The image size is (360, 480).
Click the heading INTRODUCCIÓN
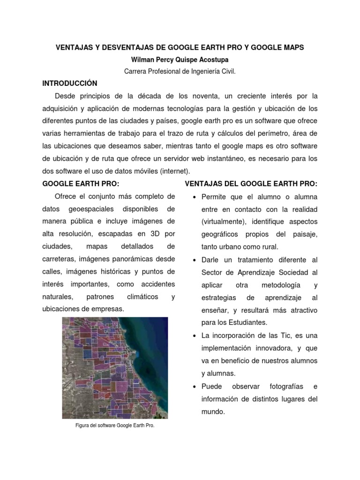[x=70, y=83]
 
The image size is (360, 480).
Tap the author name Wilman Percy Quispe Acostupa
[x=180, y=60]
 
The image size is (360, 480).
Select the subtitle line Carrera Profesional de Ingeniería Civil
[x=180, y=71]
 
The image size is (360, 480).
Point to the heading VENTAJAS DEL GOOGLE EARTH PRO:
[x=251, y=183]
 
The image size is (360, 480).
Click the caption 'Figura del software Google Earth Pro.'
[x=115, y=426]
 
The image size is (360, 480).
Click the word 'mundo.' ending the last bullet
[x=213, y=412]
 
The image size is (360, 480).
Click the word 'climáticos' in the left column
[x=142, y=297]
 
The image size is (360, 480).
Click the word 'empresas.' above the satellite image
[x=109, y=309]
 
